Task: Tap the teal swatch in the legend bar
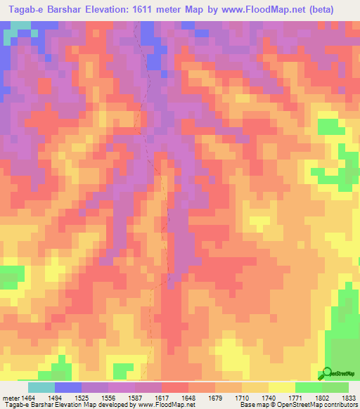pos(41,387)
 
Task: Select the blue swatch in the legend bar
pos(68,387)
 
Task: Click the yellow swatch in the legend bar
pos(282,387)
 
